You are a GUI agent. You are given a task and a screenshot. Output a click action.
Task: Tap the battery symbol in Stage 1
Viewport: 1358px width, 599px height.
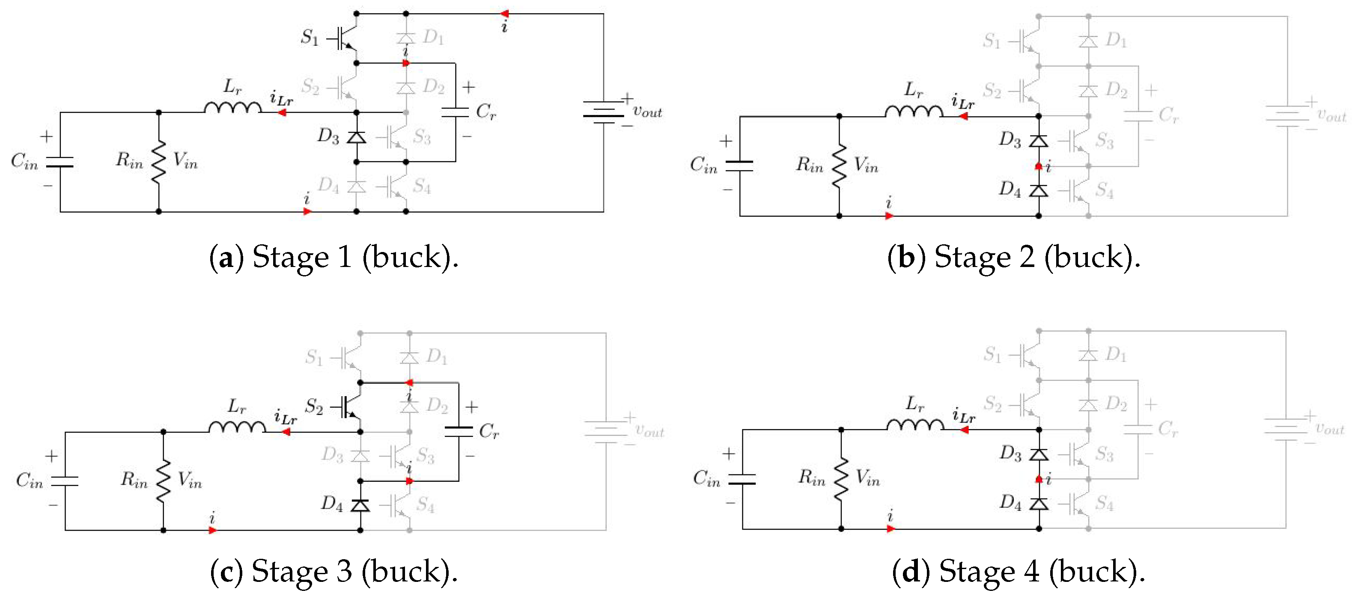pos(603,112)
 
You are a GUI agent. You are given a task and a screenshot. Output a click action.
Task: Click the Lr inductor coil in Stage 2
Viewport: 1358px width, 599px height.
pos(914,111)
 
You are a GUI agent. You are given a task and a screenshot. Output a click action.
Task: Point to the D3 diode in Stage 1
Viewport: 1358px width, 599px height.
pos(356,137)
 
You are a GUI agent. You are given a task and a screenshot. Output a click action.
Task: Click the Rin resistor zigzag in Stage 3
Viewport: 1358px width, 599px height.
pos(164,480)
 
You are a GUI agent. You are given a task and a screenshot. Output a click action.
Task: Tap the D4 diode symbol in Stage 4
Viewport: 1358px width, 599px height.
pos(1039,503)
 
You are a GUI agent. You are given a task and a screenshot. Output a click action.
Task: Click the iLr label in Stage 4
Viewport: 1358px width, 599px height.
pos(964,416)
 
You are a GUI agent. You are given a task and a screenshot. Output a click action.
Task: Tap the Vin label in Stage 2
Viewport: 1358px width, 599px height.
pos(866,166)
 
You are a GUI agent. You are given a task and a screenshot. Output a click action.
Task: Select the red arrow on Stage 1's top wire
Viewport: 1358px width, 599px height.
pos(504,14)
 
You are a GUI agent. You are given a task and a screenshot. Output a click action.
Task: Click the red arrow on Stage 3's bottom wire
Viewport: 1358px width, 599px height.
pos(212,530)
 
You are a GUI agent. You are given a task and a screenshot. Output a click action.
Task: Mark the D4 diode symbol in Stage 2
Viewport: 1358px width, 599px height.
pos(1039,190)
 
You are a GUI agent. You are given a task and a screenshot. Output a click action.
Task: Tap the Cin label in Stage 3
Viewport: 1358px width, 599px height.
pos(29,480)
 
